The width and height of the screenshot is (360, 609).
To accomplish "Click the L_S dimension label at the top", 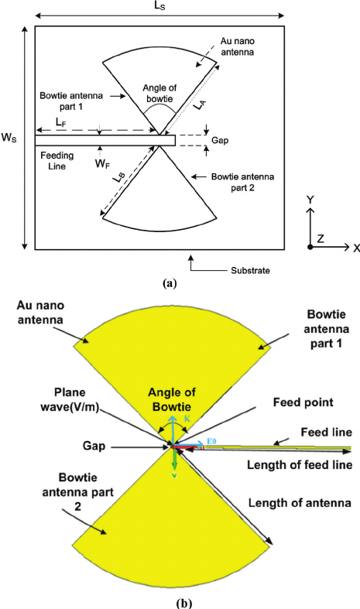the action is [x=160, y=6].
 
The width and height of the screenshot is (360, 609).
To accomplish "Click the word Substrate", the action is [x=250, y=270].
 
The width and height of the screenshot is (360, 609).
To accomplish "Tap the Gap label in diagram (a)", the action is [x=220, y=140].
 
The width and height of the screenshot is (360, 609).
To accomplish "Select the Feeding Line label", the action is [x=57, y=160].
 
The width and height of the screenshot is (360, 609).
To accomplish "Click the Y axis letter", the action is [x=310, y=200].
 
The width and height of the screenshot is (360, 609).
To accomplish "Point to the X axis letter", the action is [x=355, y=248].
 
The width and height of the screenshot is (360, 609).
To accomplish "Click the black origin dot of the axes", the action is [x=310, y=247].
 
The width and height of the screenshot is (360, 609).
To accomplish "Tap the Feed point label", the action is [x=303, y=402].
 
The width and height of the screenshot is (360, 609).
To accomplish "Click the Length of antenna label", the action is [x=300, y=503].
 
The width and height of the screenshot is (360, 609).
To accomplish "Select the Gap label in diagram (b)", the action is [x=94, y=446].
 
